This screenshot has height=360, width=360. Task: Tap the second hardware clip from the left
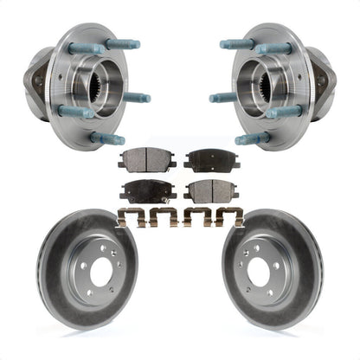tap(163, 218)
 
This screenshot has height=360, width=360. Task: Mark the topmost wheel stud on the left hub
tap(122, 43)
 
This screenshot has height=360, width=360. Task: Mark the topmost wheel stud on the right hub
tap(237, 43)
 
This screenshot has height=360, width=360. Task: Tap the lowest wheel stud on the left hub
tap(108, 138)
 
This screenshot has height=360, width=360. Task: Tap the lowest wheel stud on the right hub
tap(252, 138)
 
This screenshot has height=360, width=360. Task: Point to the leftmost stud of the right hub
tap(222, 98)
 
